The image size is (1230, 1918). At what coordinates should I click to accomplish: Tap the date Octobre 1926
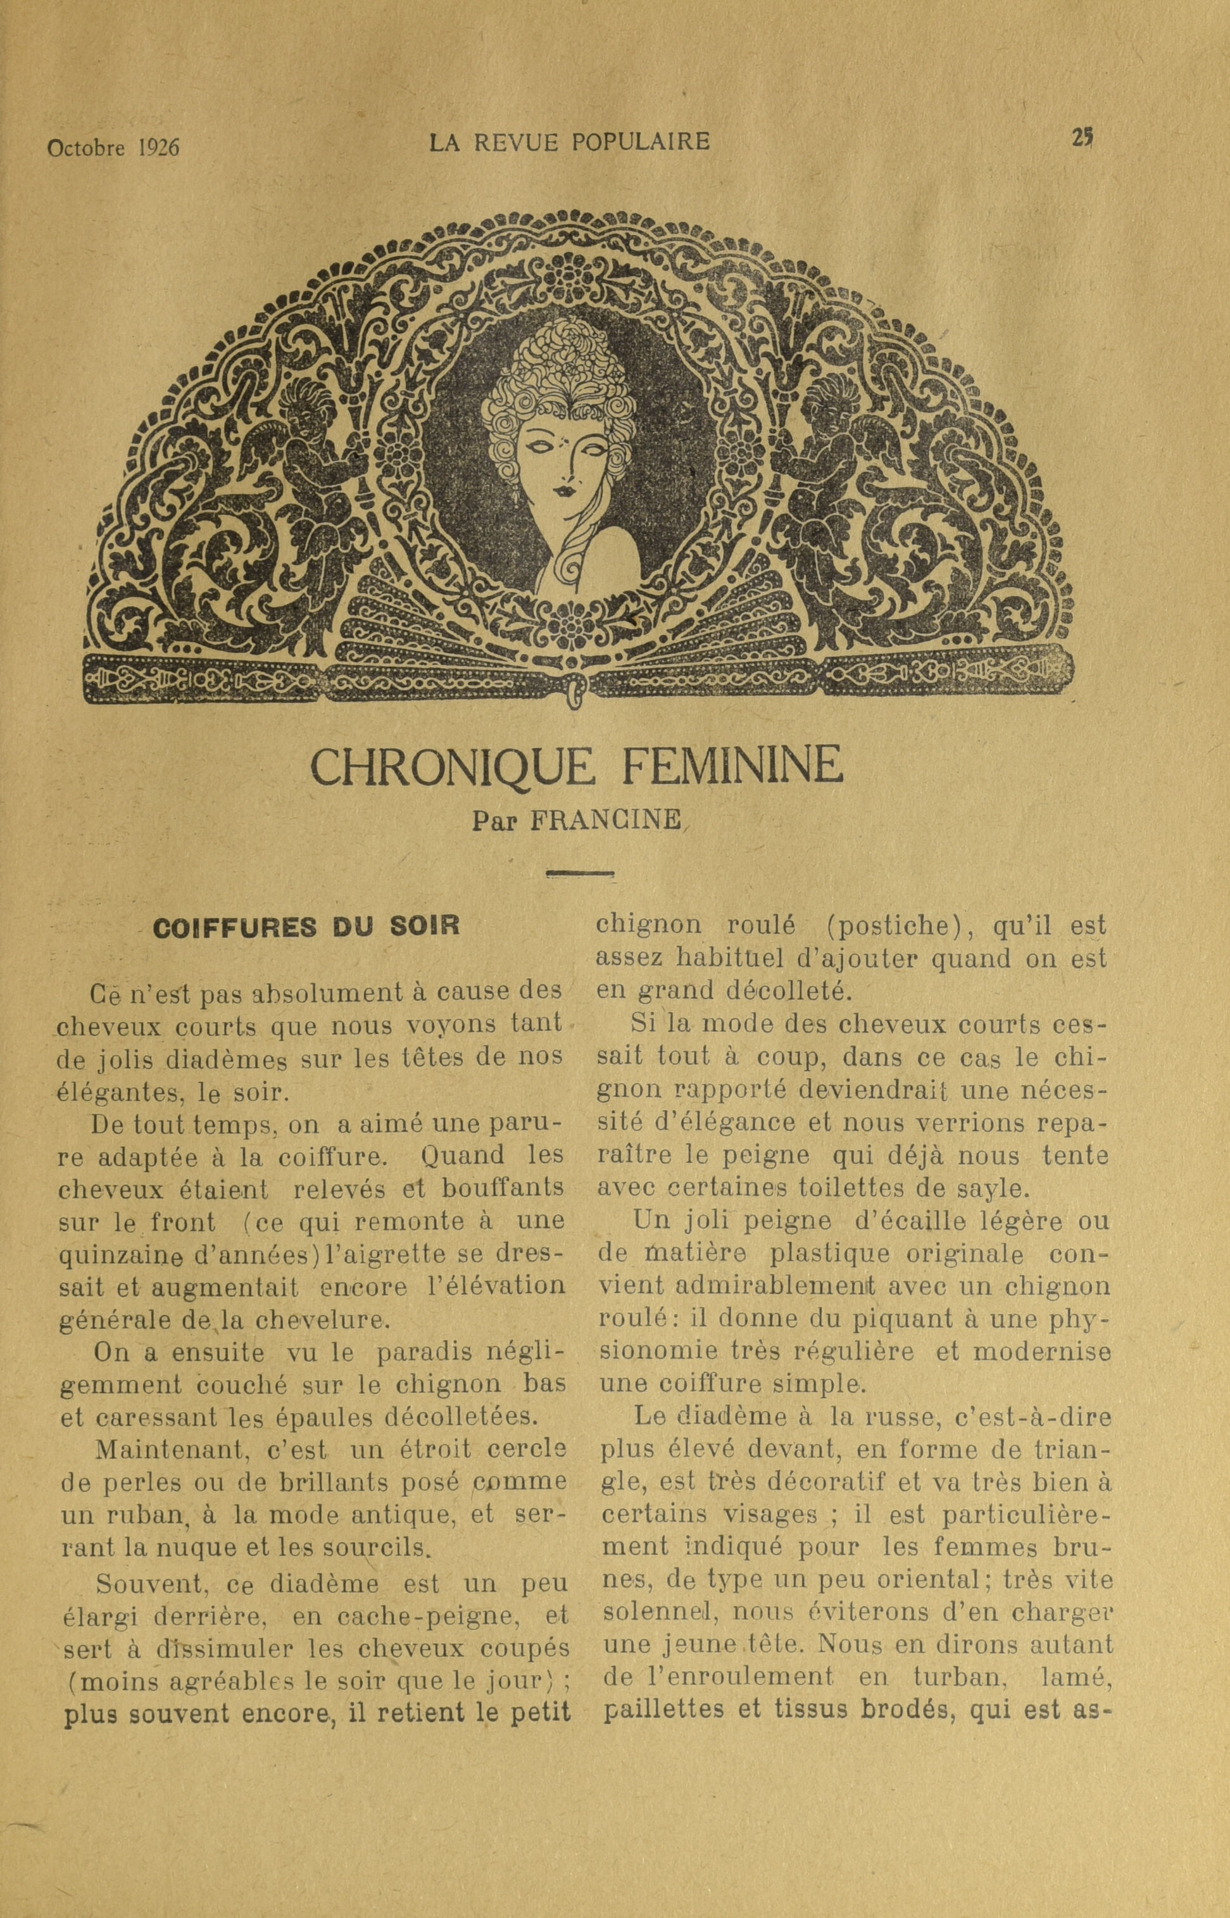[113, 148]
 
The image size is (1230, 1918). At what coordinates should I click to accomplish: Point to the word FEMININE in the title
[730, 766]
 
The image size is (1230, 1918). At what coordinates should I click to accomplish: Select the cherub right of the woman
[839, 464]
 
